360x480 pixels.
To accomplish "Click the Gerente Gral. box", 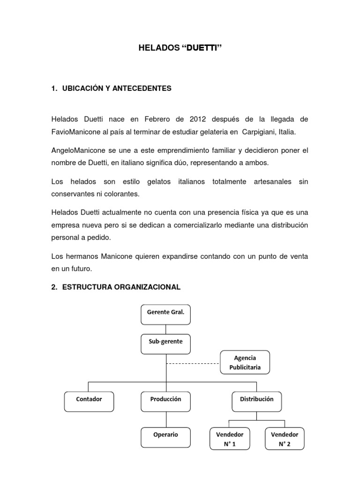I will [x=166, y=314].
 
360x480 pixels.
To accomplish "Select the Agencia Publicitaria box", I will [x=245, y=362].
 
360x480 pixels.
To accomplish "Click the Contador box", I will [x=89, y=402].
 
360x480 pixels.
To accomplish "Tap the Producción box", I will [x=166, y=402].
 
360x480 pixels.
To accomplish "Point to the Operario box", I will [x=166, y=437].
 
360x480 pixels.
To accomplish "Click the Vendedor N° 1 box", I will [x=230, y=439].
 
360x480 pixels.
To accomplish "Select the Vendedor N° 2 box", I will [x=285, y=439].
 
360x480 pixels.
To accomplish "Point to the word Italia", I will [x=287, y=132].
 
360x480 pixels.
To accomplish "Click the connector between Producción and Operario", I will [x=166, y=420].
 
